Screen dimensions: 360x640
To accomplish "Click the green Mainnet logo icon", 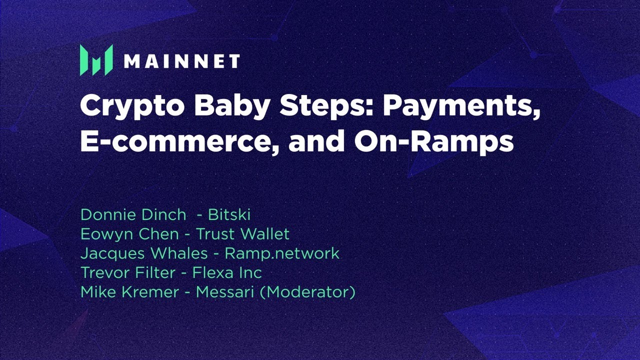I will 96,60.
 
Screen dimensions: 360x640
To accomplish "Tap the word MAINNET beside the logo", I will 181,61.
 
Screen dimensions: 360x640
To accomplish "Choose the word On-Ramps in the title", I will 434,141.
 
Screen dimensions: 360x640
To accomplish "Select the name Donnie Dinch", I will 133,214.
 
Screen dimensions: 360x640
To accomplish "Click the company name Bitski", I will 229,214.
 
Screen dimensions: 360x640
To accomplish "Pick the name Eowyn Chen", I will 129,234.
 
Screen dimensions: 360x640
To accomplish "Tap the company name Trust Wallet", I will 242,234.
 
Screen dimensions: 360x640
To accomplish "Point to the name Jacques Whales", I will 143,253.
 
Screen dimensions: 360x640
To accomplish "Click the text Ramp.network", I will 282,253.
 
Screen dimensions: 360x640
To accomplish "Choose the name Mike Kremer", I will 129,292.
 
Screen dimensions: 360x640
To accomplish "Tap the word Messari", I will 225,292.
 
